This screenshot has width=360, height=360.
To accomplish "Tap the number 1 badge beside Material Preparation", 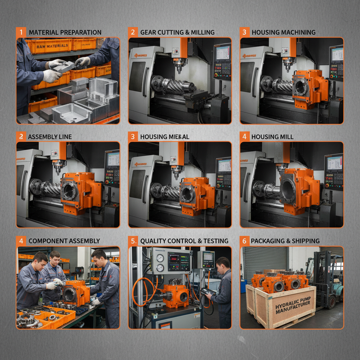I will pyautogui.click(x=21, y=32).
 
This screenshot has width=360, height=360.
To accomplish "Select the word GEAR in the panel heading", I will pyautogui.click(x=149, y=32).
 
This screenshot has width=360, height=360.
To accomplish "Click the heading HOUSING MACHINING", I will pyautogui.click(x=283, y=32).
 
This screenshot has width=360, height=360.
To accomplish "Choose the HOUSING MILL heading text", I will pyautogui.click(x=272, y=136).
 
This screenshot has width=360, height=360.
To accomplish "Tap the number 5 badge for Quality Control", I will pyautogui.click(x=133, y=241).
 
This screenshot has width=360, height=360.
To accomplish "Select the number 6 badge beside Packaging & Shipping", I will pyautogui.click(x=244, y=241).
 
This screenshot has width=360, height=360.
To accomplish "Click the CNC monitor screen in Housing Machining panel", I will pyautogui.click(x=336, y=54).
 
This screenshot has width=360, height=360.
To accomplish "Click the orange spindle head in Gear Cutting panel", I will pyautogui.click(x=184, y=48).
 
